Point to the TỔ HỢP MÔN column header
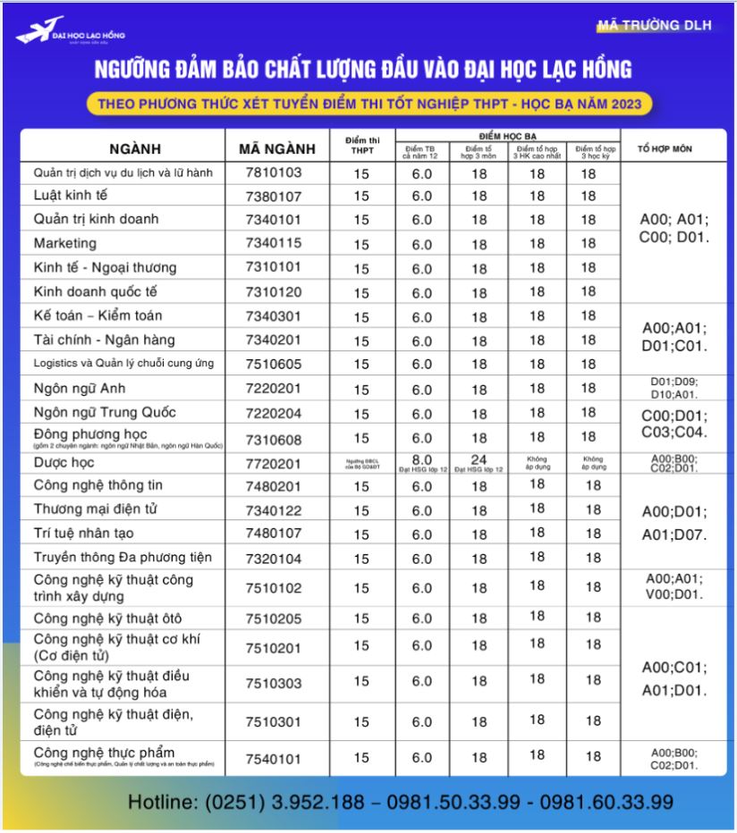(664, 147)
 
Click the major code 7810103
(274, 172)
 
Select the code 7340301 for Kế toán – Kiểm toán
(274, 316)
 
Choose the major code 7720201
(274, 463)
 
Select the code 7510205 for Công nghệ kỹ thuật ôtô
(274, 618)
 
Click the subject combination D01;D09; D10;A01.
(674, 388)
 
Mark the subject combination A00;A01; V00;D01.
(674, 585)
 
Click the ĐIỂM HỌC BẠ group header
(507, 135)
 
